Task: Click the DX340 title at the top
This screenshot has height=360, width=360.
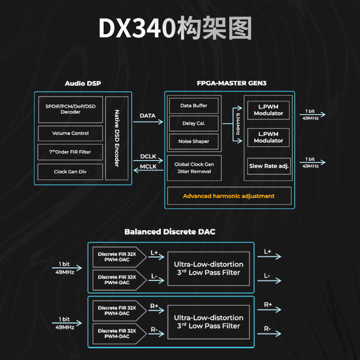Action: coord(175,29)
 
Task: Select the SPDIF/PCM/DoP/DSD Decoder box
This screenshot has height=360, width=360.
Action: coord(71,109)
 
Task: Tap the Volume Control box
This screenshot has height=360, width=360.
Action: coord(71,133)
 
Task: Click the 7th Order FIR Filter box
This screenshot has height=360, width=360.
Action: coord(71,152)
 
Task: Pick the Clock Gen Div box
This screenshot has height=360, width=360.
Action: coord(71,171)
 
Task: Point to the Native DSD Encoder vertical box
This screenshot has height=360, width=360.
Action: coord(117,138)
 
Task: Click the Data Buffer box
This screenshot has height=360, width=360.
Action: coord(193,106)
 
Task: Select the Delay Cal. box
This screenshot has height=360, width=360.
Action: coord(193,123)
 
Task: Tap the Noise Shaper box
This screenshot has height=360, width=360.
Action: coord(193,141)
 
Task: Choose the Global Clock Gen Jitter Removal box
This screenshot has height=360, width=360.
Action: coord(194,168)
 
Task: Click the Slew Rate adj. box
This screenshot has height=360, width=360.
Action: coord(269,166)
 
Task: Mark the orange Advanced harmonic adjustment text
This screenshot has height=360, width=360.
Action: coord(229,196)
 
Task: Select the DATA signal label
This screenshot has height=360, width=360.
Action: coord(148,116)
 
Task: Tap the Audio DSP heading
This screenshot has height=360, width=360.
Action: coord(83,83)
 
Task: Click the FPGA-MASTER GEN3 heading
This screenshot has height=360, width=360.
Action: coord(229,83)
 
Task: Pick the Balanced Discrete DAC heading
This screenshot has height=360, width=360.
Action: coord(170,232)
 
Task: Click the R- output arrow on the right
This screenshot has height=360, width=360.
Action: coord(270,334)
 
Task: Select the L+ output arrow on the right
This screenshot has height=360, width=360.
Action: coord(270,257)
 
